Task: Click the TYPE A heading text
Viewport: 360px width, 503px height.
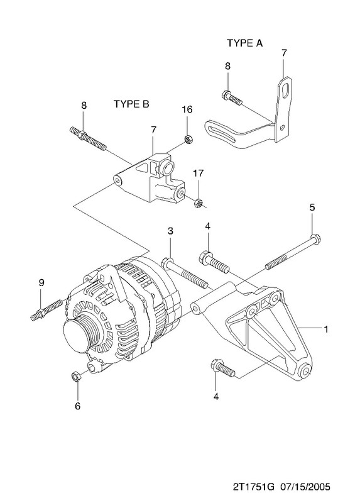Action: click(244, 43)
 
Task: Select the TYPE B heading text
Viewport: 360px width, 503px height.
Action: click(131, 104)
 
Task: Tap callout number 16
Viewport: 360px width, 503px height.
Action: click(187, 109)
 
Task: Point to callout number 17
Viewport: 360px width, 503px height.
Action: click(198, 174)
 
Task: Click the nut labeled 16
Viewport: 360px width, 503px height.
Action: click(188, 140)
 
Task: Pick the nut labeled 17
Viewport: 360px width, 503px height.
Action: click(199, 203)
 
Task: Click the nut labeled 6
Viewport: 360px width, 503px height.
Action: click(75, 376)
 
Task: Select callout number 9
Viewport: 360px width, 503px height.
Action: click(41, 282)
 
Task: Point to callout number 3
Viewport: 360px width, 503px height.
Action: click(170, 231)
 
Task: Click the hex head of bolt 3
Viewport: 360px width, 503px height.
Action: click(167, 263)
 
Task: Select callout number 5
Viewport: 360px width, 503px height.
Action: click(312, 207)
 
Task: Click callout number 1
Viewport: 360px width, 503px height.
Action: click(326, 329)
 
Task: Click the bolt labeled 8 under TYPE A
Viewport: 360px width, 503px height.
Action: click(231, 98)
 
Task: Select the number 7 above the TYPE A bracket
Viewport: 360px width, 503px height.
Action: click(284, 53)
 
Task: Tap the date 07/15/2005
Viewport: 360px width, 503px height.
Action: click(305, 487)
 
